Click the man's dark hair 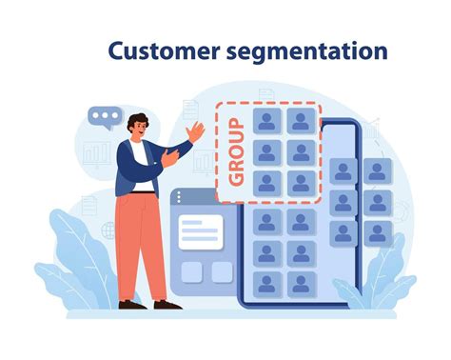click(x=137, y=120)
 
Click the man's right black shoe click(x=167, y=304)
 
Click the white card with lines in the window click(x=201, y=230)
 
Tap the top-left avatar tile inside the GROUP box click(x=267, y=121)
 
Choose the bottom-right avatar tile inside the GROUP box click(x=301, y=183)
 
